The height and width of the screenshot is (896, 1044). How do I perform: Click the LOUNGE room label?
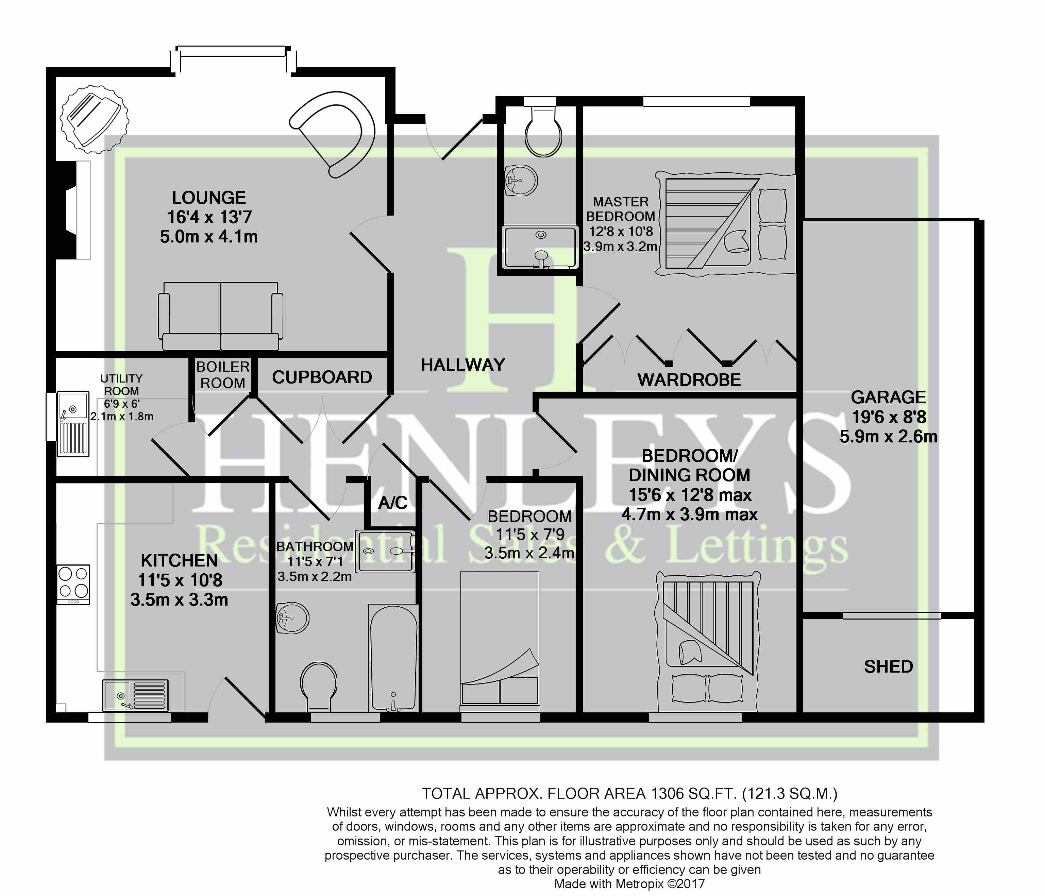click(x=209, y=198)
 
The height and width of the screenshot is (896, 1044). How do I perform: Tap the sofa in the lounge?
click(x=221, y=316)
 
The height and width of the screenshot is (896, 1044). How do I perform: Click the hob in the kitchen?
click(x=73, y=584)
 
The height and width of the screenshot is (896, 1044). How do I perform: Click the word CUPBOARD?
click(x=322, y=377)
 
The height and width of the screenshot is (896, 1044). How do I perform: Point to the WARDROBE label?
click(x=689, y=379)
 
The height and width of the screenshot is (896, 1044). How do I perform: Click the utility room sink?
click(x=73, y=424)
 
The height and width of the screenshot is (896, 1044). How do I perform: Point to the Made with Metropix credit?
click(x=629, y=883)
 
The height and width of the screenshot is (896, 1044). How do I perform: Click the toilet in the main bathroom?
click(x=319, y=686)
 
